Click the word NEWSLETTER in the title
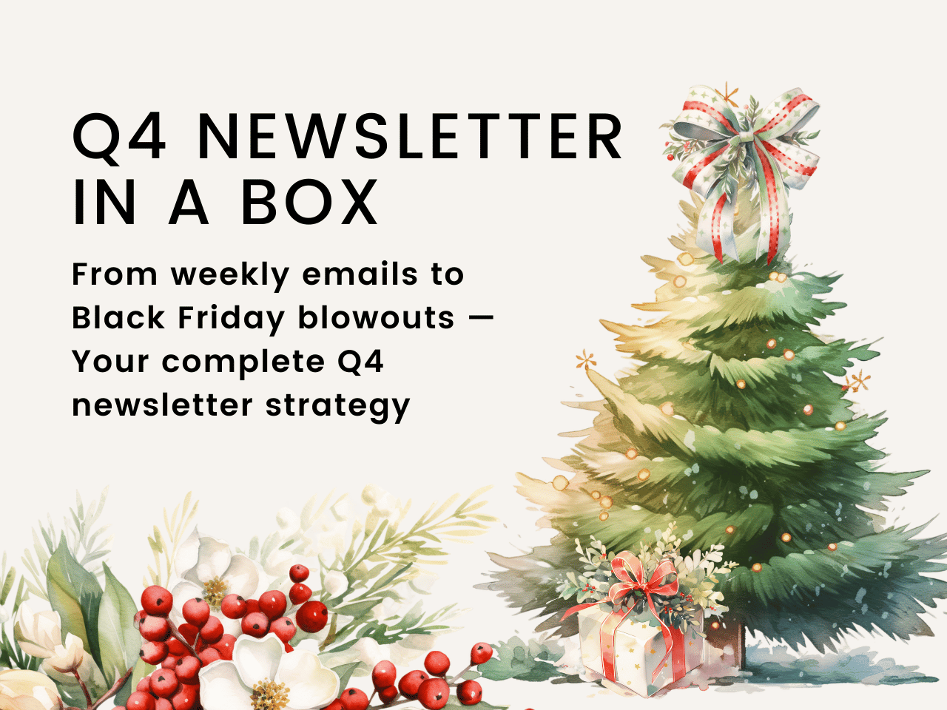coord(410,136)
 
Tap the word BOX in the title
coord(310,202)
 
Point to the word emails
coord(360,274)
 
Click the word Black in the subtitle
coord(118,318)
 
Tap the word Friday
coord(232,319)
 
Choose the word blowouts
coord(377,318)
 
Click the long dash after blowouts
coord(480,318)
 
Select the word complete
coord(243,363)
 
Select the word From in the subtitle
coord(115,274)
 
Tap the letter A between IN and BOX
coord(189,202)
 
